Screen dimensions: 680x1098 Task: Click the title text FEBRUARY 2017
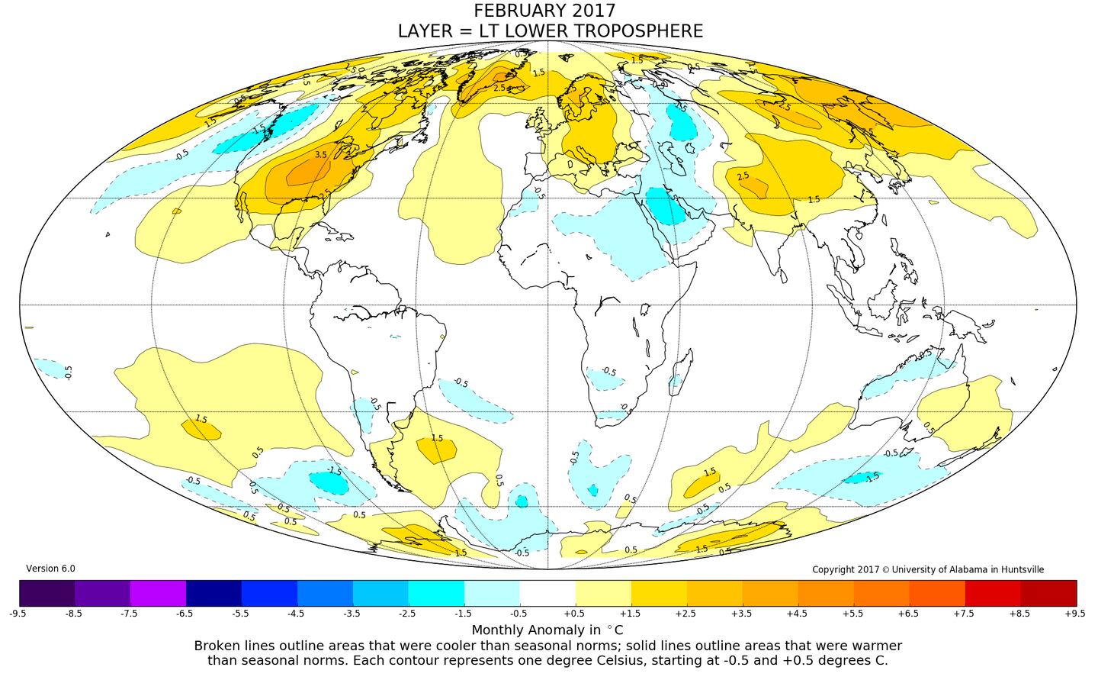pos(544,11)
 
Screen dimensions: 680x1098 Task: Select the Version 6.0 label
pos(50,569)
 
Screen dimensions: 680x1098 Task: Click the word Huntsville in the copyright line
pos(1021,569)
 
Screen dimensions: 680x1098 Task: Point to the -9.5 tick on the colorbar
pos(20,612)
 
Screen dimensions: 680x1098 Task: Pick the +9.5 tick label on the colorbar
pos(1076,612)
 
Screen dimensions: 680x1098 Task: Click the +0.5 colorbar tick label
pos(576,612)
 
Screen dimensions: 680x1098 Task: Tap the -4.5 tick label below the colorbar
pos(297,612)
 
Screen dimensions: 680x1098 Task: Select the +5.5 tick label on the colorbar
pos(853,612)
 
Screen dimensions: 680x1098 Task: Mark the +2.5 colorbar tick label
pos(686,612)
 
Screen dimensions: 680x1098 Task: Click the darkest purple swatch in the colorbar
pos(47,592)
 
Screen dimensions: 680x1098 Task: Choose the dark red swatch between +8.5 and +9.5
pos(1048,592)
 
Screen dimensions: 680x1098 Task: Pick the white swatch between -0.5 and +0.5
pos(547,592)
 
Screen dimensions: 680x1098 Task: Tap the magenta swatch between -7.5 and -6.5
pos(159,592)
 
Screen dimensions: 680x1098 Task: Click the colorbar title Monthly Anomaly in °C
pos(547,630)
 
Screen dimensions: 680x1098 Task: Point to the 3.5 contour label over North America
pos(320,155)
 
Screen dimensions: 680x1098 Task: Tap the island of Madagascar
pos(683,371)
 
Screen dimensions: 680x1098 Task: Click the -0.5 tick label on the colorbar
pos(520,612)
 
